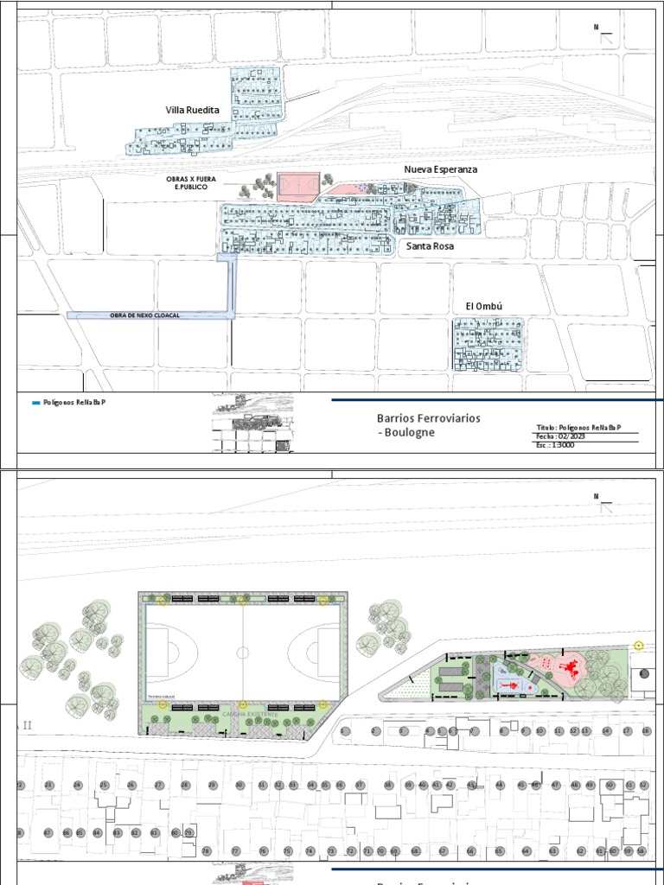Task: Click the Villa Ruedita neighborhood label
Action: point(193,111)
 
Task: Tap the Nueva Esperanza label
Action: point(440,169)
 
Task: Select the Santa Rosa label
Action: point(431,246)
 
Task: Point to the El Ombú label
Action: point(483,306)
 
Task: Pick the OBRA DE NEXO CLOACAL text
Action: point(144,315)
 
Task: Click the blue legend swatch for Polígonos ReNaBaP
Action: point(35,403)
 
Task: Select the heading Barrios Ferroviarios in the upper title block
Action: point(429,418)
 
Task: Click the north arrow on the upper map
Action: point(604,35)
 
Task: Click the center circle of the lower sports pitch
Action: point(243,653)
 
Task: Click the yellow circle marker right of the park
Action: point(639,645)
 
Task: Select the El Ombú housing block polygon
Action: point(488,344)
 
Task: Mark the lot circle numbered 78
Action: point(206,851)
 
